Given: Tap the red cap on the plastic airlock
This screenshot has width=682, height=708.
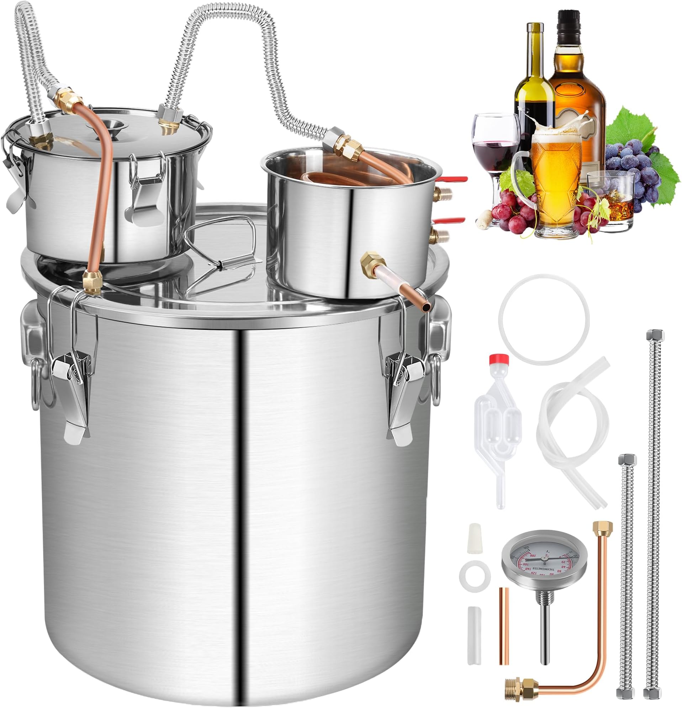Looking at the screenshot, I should [x=499, y=359].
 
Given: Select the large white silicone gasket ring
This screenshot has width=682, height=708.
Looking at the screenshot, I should [x=544, y=318].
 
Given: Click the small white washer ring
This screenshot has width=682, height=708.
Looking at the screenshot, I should [x=475, y=573].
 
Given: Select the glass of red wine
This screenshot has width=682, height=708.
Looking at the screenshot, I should [x=495, y=144].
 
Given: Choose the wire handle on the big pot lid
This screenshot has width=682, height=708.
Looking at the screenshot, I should [x=220, y=245].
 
